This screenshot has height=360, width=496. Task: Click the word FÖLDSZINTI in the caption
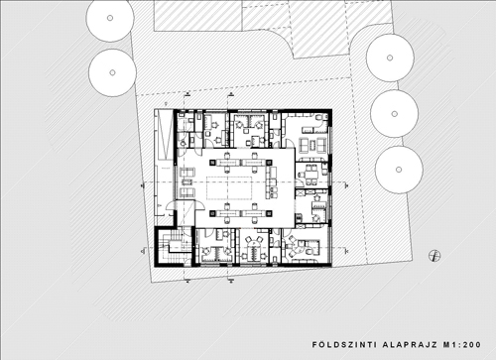click(x=344, y=345)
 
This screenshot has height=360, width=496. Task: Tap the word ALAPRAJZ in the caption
click(x=410, y=345)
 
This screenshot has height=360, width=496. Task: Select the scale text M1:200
click(x=462, y=345)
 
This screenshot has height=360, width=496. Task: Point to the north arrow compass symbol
click(x=434, y=256)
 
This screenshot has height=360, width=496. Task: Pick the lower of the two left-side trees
click(x=112, y=72)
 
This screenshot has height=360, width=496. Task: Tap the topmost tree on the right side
click(x=390, y=58)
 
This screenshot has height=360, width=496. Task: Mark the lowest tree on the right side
click(x=399, y=170)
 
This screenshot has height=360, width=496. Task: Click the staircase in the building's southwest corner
click(x=174, y=245)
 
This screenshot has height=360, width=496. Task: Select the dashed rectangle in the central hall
click(x=229, y=188)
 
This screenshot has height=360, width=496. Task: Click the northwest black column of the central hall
click(x=212, y=163)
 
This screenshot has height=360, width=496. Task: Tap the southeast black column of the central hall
click(x=269, y=213)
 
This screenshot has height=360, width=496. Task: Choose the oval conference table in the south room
click(x=254, y=250)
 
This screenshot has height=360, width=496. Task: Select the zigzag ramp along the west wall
click(x=164, y=135)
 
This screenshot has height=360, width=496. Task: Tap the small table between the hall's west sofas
click(x=187, y=182)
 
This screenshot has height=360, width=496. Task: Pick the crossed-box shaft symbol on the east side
click(x=301, y=192)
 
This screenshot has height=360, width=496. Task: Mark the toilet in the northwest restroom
click(x=183, y=143)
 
